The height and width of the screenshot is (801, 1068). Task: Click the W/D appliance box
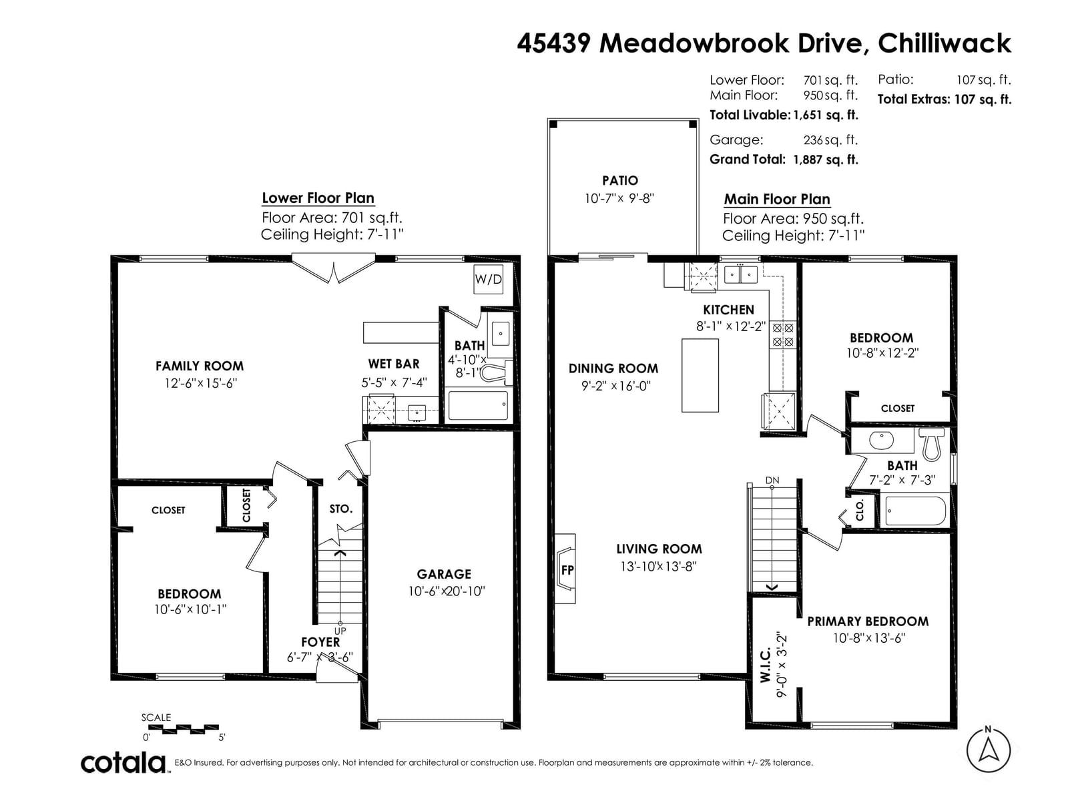tap(488, 279)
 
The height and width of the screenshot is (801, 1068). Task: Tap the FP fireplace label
tap(567, 569)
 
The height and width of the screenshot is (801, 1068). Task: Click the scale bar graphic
tap(184, 728)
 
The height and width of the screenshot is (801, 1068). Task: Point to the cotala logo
tap(123, 763)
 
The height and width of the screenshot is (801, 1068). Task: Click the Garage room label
tap(444, 574)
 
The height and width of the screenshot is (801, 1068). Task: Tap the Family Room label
tap(200, 366)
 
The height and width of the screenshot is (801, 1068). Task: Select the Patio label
tap(620, 180)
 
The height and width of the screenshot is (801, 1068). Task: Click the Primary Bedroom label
tap(868, 621)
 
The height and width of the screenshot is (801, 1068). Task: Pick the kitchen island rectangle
tap(700, 375)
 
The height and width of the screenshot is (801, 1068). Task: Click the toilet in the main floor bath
tap(930, 443)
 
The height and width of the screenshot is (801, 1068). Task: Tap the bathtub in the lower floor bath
tap(478, 405)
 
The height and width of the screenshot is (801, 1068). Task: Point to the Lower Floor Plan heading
tap(318, 198)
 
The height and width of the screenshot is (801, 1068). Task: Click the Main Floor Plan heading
tap(777, 199)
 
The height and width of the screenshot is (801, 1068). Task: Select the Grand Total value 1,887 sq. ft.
tap(826, 160)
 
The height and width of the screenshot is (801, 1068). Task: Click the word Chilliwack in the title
tap(945, 43)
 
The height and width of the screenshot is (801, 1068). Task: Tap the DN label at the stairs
tap(772, 481)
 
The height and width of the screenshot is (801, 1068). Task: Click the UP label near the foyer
tap(340, 631)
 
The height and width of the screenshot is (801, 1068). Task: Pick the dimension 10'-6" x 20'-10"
tap(447, 591)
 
